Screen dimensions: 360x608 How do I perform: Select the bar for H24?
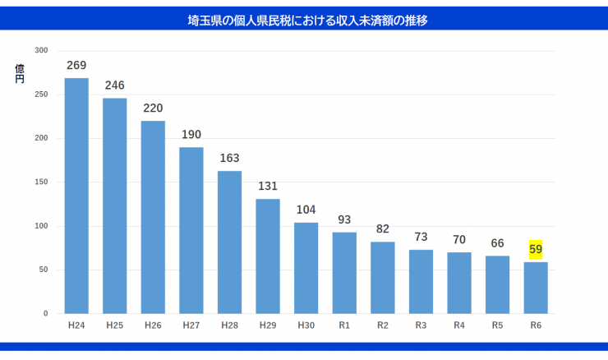pyautogui.click(x=76, y=196)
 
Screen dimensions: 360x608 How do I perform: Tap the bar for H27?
pyautogui.click(x=191, y=230)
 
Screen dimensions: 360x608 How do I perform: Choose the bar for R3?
pyautogui.click(x=421, y=281)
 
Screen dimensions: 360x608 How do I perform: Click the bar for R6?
pyautogui.click(x=536, y=288)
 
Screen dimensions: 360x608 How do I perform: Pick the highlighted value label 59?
pyautogui.click(x=536, y=249)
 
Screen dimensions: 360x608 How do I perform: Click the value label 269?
pyautogui.click(x=76, y=65)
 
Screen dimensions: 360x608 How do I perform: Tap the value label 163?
pyautogui.click(x=230, y=158)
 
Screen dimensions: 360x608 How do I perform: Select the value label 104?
pyautogui.click(x=306, y=210)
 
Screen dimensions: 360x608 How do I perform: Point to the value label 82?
pyautogui.click(x=383, y=228)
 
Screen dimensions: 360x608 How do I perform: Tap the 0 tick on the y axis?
pyautogui.click(x=46, y=314)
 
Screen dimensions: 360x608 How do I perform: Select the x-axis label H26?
pyautogui.click(x=153, y=325)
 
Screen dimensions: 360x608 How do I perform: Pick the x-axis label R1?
pyautogui.click(x=344, y=325)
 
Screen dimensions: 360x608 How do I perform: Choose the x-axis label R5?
pyautogui.click(x=497, y=325)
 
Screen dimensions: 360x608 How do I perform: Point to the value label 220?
pyautogui.click(x=153, y=108)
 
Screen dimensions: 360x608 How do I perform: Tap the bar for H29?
pyautogui.click(x=268, y=256)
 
